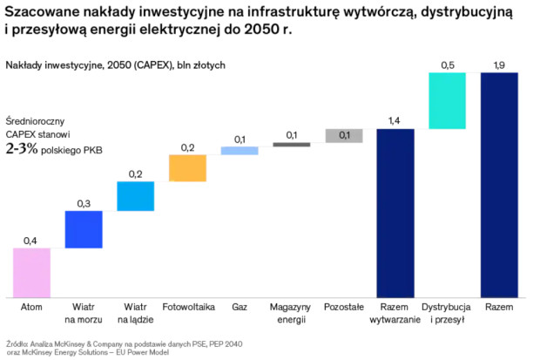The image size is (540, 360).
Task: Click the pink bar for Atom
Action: tap(31, 272)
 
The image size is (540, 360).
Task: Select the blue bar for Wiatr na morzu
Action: tap(84, 229)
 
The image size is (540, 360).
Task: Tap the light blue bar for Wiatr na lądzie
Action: tap(135, 196)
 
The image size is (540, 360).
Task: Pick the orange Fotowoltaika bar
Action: tap(187, 168)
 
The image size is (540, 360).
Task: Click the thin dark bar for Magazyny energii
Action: tap(292, 145)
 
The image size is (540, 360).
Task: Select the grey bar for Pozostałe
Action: tap(344, 135)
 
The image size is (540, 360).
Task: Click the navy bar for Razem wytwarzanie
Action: tap(395, 213)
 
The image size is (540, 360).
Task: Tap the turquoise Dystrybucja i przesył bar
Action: tap(448, 101)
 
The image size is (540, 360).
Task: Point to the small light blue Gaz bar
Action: tap(240, 151)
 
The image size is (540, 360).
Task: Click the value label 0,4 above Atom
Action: tap(31, 239)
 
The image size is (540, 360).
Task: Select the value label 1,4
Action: tap(395, 119)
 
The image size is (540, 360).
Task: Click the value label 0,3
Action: tap(84, 202)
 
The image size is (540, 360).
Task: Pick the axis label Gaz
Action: tap(240, 308)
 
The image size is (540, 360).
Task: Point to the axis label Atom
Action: tap(31, 308)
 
